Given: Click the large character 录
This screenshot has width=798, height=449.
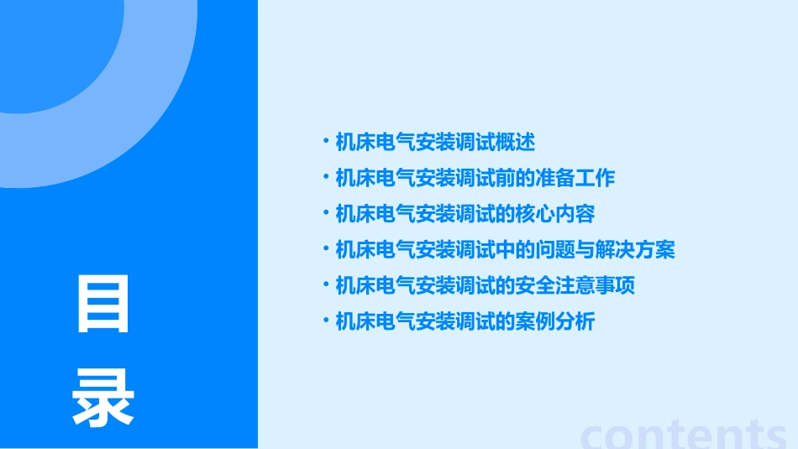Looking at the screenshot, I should click(x=103, y=399).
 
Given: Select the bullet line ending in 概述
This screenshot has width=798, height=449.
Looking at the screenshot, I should click(x=434, y=143).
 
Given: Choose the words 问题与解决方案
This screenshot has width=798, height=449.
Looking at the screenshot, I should click(x=605, y=249).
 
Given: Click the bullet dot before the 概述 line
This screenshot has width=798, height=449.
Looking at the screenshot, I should click(x=326, y=143).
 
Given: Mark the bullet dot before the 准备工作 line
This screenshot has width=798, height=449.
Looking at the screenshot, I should click(x=326, y=178).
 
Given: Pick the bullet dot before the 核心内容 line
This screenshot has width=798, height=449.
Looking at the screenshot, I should click(x=326, y=214).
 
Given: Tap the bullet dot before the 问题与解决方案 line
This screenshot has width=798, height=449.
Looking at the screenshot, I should click(x=326, y=249).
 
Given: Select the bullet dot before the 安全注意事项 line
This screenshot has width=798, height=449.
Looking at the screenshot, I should click(x=326, y=285).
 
